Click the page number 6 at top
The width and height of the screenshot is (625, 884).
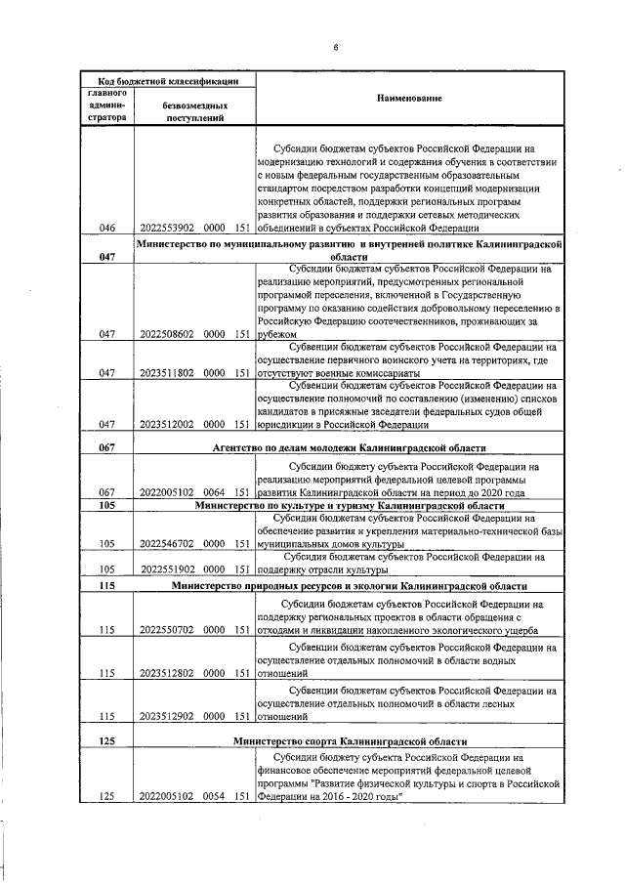click(x=335, y=46)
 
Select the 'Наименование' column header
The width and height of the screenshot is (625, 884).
click(x=409, y=99)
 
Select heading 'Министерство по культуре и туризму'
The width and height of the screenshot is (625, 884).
click(x=350, y=507)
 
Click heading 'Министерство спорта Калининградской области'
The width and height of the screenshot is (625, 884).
click(x=350, y=741)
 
